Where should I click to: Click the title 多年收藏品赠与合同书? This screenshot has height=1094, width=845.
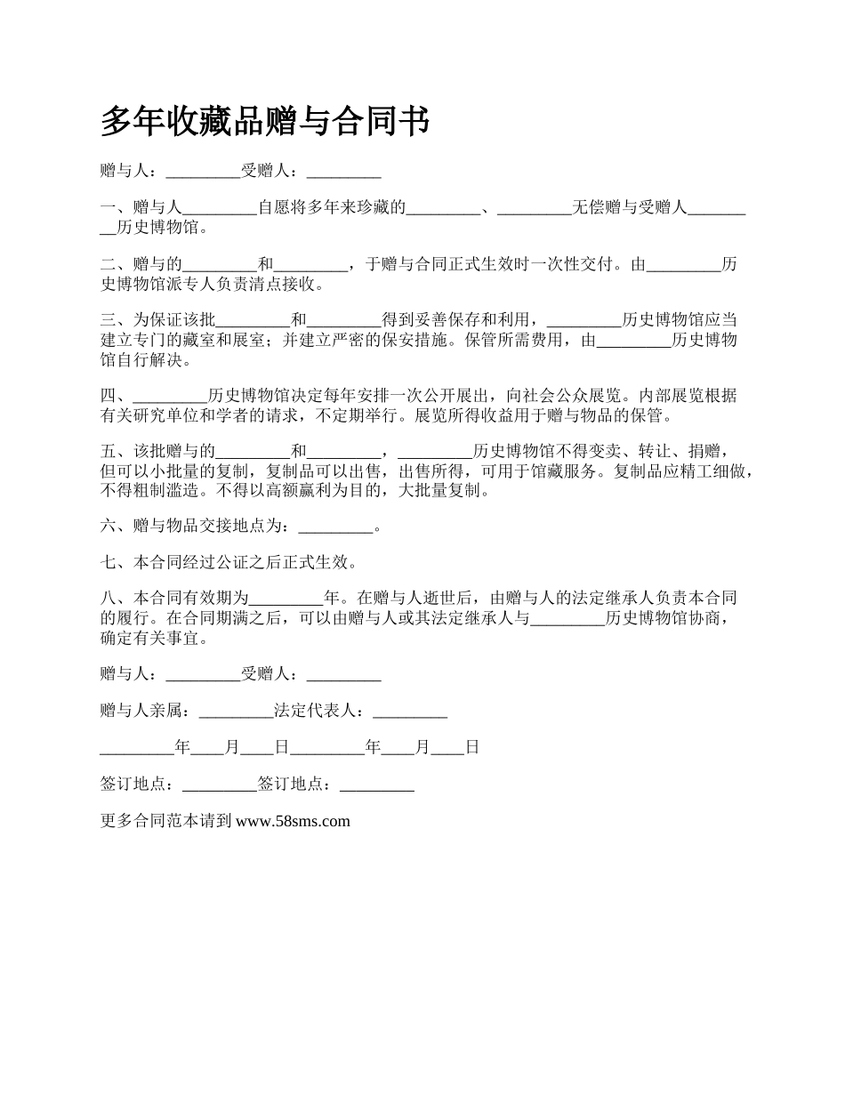(265, 122)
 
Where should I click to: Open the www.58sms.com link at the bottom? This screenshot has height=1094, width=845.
(293, 821)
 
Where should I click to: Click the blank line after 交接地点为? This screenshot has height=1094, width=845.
(335, 527)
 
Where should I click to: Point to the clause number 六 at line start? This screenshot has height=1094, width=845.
(109, 527)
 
